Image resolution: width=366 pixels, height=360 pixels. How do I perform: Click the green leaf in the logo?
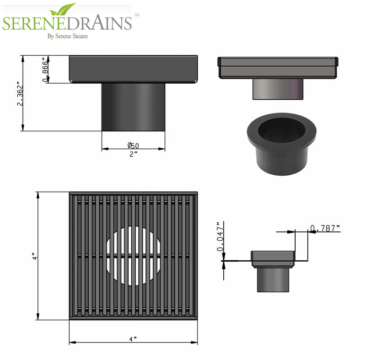pyautogui.click(x=64, y=9)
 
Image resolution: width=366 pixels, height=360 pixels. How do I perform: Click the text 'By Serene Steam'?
pyautogui.click(x=68, y=36)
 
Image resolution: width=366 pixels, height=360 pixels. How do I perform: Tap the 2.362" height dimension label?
pyautogui.click(x=20, y=94)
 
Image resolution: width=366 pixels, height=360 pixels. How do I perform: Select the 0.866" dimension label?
pyautogui.click(x=45, y=70)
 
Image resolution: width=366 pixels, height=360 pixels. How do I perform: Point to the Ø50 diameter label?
pyautogui.click(x=133, y=145)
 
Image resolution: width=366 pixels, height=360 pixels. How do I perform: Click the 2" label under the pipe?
pyautogui.click(x=133, y=154)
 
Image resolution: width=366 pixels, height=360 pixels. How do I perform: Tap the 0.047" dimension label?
pyautogui.click(x=220, y=237)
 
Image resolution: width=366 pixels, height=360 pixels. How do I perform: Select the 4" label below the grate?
pyautogui.click(x=133, y=339)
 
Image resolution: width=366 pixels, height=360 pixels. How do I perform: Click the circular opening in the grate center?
pyautogui.click(x=133, y=256)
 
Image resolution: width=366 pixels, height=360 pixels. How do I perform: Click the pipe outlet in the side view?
pyautogui.click(x=133, y=107)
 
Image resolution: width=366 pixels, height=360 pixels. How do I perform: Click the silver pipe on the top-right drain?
pyautogui.click(x=277, y=88)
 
